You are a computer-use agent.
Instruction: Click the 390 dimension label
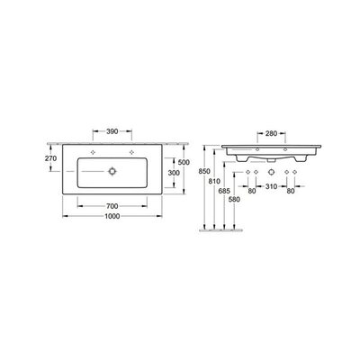point(112,131)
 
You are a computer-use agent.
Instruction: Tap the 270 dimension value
point(50,158)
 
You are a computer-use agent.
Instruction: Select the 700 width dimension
point(112,206)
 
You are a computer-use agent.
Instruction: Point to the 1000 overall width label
point(112,216)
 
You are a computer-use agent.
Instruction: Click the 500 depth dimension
point(184,162)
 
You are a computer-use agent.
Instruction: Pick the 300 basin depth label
point(174,173)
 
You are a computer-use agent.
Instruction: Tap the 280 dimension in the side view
point(271,133)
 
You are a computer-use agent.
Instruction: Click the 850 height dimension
point(204,172)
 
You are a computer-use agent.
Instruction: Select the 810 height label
point(214,181)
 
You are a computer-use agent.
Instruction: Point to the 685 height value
point(224,191)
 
